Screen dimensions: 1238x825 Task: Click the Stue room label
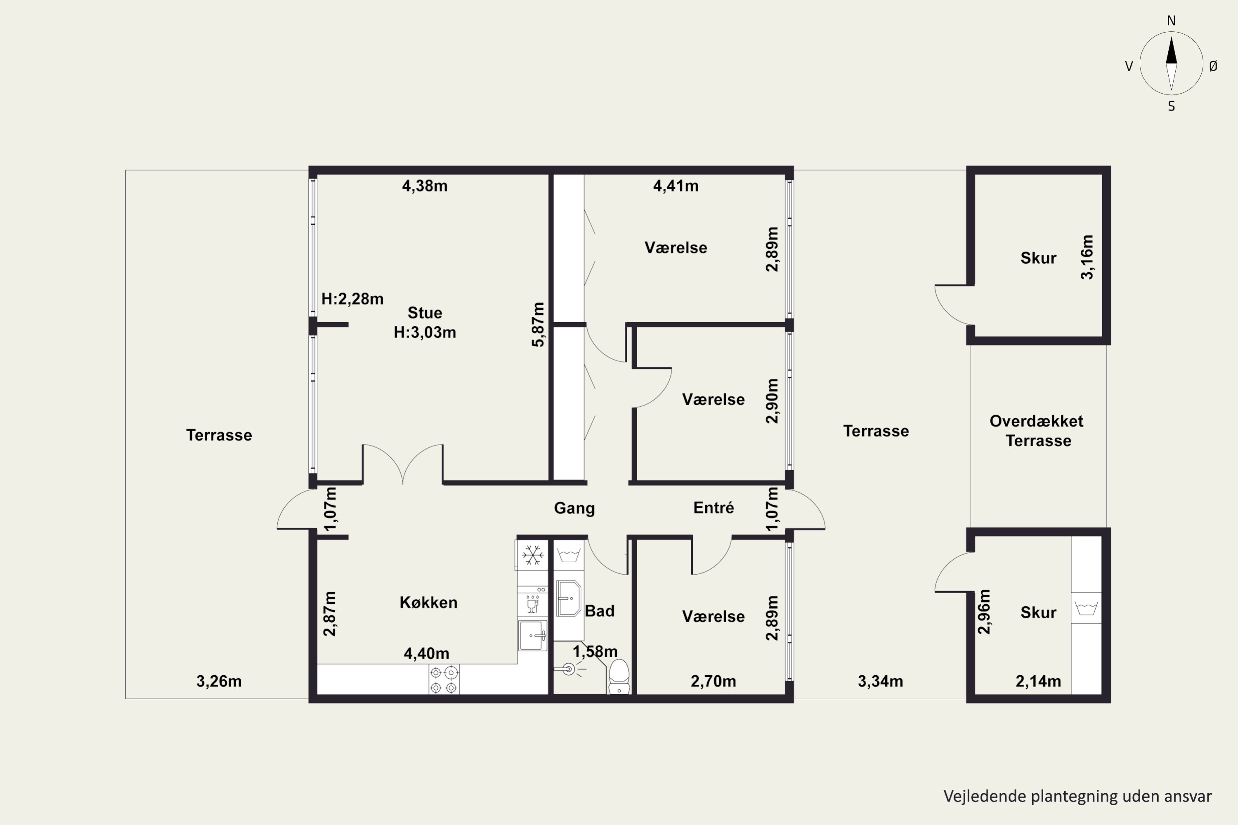tap(425, 313)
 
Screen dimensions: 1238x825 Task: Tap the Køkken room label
tap(428, 602)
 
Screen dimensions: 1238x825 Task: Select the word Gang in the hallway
tap(574, 508)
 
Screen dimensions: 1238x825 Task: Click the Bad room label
tap(600, 611)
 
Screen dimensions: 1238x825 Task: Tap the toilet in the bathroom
tap(619, 676)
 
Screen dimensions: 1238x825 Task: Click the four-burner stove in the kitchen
tap(444, 679)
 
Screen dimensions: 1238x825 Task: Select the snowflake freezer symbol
tap(532, 555)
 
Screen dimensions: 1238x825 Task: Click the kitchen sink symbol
tap(532, 635)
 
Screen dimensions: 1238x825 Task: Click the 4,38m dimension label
tap(425, 186)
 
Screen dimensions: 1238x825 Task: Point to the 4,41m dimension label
tap(676, 186)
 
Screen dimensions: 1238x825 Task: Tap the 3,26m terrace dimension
tap(219, 681)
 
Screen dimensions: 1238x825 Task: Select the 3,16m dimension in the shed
tap(1087, 257)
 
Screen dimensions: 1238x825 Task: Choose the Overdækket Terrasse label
tap(1037, 431)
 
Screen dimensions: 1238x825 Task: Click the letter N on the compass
tap(1171, 21)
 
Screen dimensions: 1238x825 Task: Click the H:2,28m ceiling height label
tap(352, 299)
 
